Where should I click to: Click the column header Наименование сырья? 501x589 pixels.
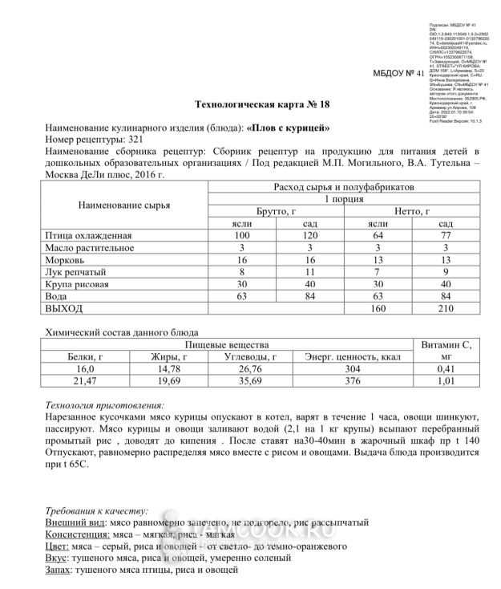[x=123, y=205]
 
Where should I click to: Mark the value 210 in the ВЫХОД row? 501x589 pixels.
[x=446, y=308]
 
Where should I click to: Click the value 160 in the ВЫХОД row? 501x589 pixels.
[x=378, y=308]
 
